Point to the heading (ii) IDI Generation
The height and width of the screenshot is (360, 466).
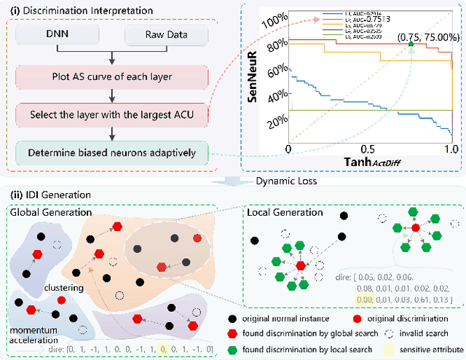[49, 195]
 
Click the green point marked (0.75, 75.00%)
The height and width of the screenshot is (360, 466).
[411, 44]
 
